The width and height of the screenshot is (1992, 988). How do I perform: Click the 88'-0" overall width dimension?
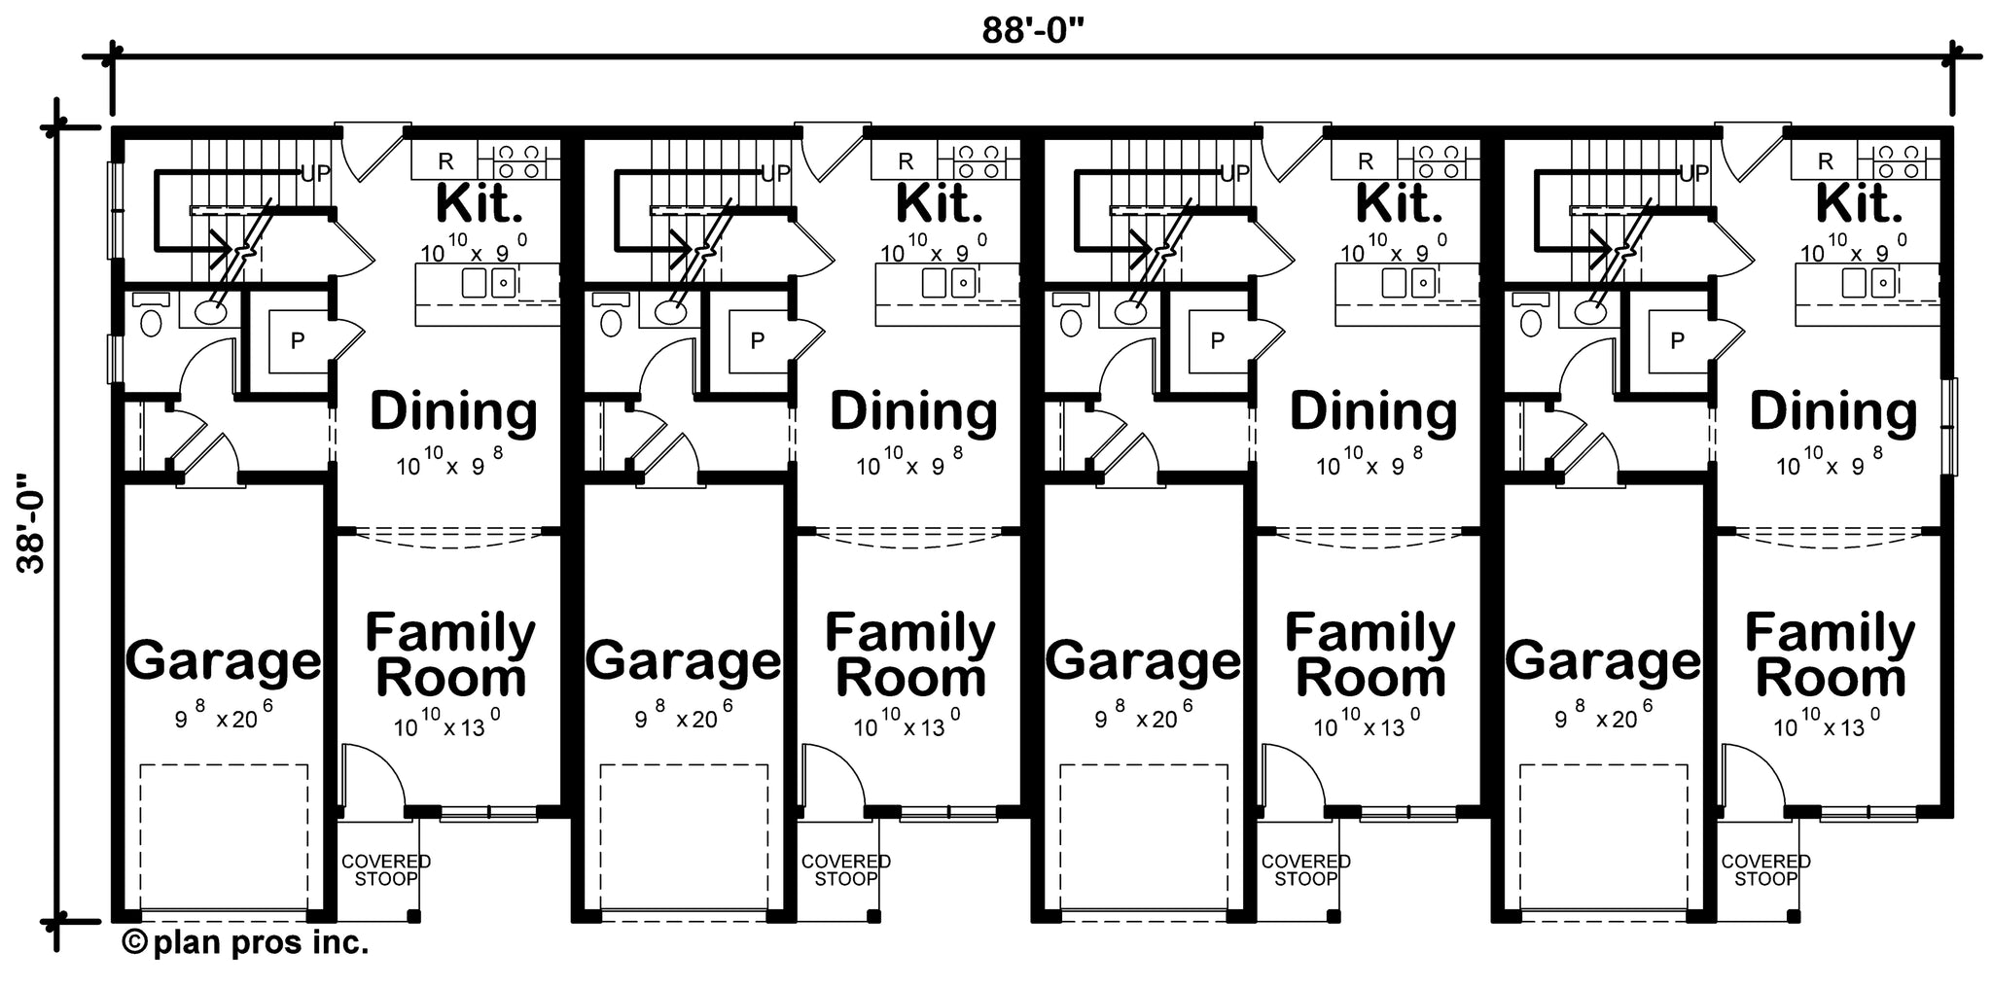(x=1032, y=31)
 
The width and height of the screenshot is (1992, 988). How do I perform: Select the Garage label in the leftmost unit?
(x=223, y=661)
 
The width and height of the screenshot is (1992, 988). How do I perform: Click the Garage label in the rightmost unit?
(x=1603, y=661)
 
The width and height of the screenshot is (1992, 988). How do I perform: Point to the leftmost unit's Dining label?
(x=453, y=412)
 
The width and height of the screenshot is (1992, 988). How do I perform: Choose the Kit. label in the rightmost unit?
(x=1859, y=203)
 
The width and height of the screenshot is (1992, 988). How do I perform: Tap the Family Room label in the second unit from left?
(x=910, y=654)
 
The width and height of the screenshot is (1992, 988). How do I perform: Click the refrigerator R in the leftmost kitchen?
(x=445, y=161)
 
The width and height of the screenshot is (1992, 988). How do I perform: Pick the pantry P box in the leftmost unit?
(x=298, y=340)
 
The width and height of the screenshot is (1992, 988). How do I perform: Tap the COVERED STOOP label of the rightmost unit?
(x=1765, y=869)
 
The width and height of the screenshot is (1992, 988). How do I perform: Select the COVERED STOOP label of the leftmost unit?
(x=385, y=869)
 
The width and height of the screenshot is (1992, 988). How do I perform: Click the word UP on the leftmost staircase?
(x=315, y=174)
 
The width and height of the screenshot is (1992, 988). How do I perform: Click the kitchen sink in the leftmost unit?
(x=487, y=283)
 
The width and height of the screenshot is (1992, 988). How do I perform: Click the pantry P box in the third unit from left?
(x=1217, y=340)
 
